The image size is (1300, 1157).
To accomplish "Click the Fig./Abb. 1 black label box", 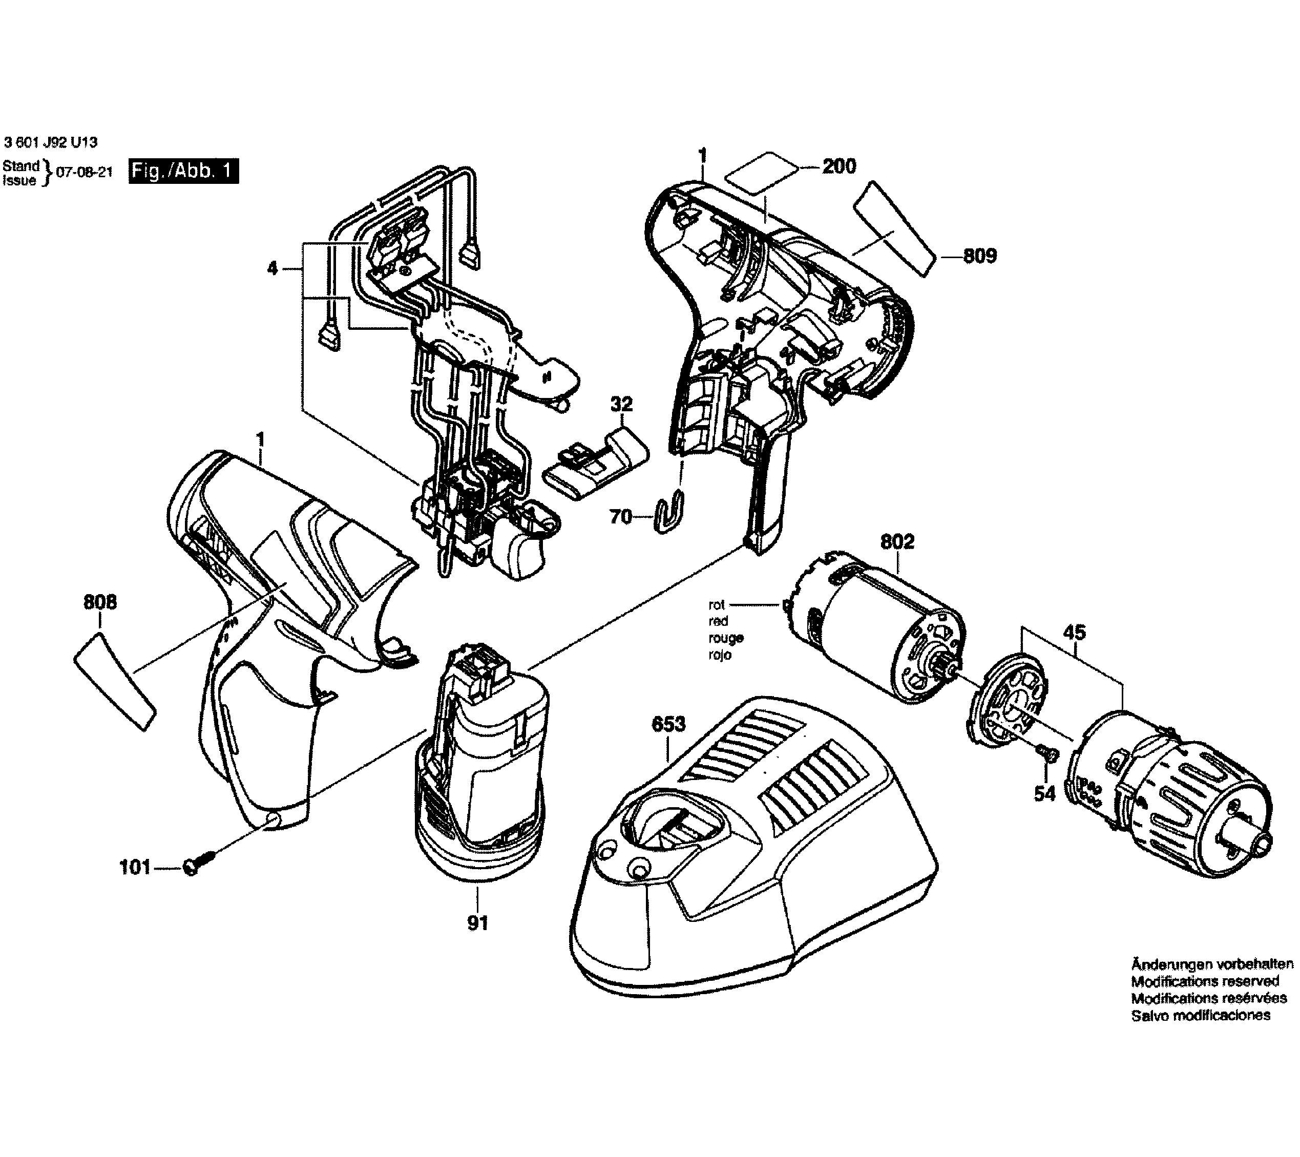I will (183, 172).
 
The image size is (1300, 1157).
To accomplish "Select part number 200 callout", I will (839, 166).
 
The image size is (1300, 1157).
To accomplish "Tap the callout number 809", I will (979, 256).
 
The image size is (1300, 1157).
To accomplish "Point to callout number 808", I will (100, 602).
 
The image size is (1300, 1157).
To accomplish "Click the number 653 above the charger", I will (668, 724).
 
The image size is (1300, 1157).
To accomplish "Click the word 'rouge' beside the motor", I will (726, 638).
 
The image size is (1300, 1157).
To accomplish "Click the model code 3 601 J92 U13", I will (50, 142).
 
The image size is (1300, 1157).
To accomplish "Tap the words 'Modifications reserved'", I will (1205, 999).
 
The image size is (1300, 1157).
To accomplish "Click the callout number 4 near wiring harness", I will (272, 268).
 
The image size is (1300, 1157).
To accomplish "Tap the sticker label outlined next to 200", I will (761, 173).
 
